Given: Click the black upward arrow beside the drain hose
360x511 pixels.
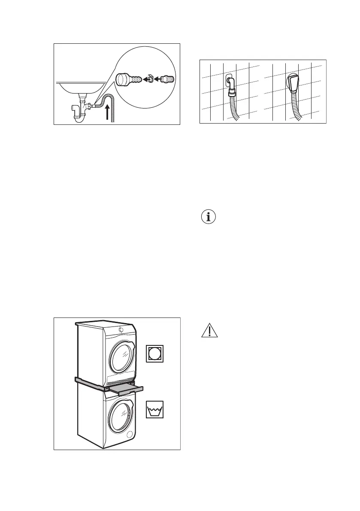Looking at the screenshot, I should click(107, 114).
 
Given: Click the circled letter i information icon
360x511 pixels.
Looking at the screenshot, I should click(209, 217).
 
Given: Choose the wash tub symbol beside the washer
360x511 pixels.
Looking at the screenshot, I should click(155, 409).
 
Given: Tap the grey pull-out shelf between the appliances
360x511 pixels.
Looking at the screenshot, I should click(124, 389).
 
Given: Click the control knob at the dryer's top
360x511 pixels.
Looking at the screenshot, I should click(121, 330).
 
